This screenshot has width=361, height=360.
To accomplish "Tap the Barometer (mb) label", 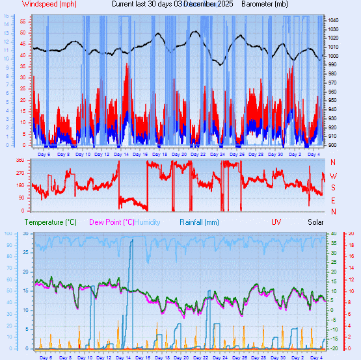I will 264,4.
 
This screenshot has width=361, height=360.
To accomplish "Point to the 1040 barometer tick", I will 332,21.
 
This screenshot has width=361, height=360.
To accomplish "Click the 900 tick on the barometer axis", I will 331,145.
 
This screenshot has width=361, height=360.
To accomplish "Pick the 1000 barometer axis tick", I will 332,56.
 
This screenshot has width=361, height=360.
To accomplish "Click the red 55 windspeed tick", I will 23,21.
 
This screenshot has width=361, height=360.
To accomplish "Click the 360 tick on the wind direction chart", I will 20,161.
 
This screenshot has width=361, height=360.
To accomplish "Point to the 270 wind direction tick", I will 20,173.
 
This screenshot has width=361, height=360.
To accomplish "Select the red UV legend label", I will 276,222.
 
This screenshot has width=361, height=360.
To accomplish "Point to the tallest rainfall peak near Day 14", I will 132,240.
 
